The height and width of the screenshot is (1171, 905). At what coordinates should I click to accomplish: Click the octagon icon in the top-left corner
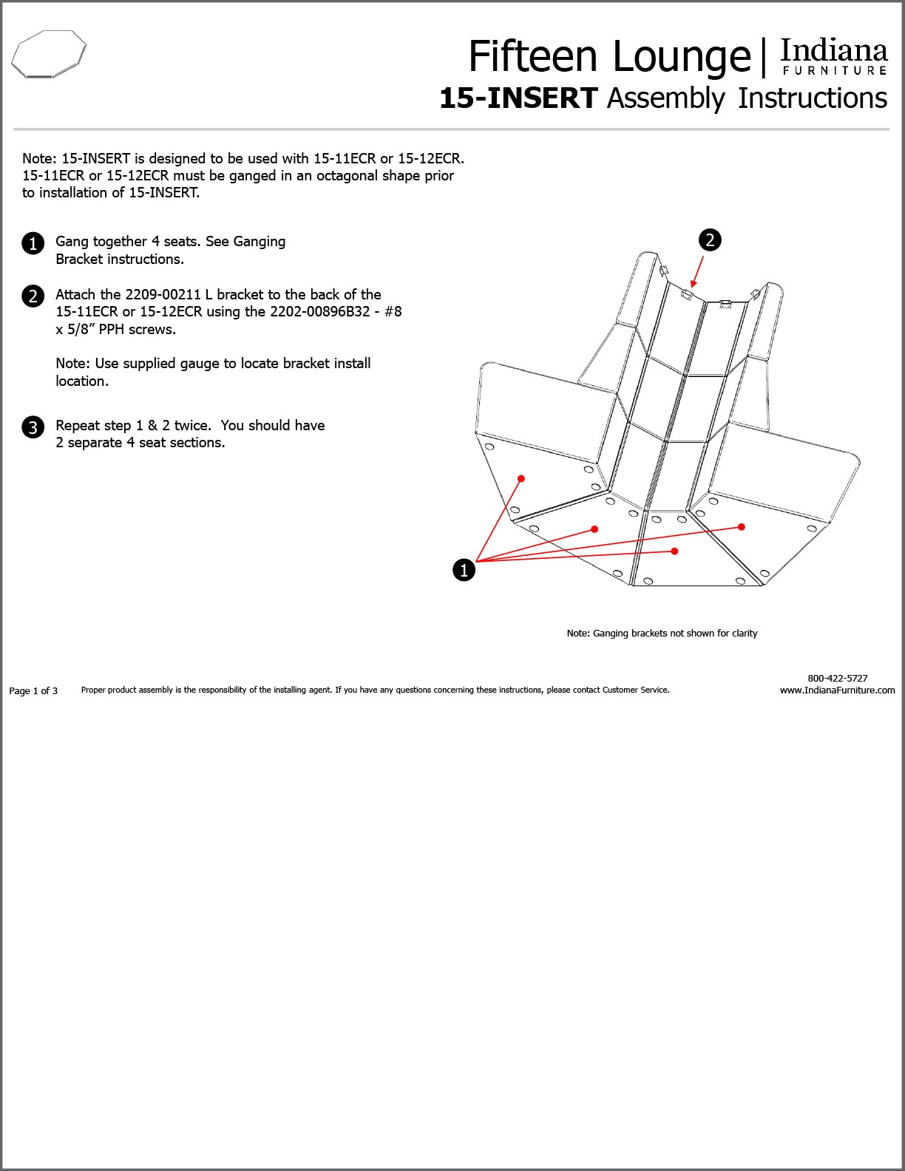(49, 54)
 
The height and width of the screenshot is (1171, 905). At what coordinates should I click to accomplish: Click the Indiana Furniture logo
(833, 57)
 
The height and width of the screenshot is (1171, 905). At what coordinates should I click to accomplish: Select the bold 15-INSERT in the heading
(518, 98)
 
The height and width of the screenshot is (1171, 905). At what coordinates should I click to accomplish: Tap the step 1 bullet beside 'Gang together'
(33, 243)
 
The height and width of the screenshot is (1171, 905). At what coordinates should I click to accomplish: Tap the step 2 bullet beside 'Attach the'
(33, 296)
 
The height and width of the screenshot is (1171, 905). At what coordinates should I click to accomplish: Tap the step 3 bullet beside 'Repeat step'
(33, 427)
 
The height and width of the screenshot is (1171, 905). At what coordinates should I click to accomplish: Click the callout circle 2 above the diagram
(710, 240)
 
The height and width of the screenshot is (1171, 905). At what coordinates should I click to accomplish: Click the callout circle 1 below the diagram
(464, 570)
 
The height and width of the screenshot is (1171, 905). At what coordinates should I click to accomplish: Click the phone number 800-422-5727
(837, 678)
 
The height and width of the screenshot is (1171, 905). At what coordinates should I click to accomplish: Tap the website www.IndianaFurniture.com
(837, 690)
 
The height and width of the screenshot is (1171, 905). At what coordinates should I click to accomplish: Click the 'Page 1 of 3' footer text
(33, 690)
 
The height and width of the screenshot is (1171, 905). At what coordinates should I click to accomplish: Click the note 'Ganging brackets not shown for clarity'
(662, 634)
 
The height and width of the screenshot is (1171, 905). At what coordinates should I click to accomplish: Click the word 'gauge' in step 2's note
(197, 363)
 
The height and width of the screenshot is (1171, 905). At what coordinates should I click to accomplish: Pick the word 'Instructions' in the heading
(812, 98)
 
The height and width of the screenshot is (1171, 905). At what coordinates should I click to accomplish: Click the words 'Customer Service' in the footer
(635, 690)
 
